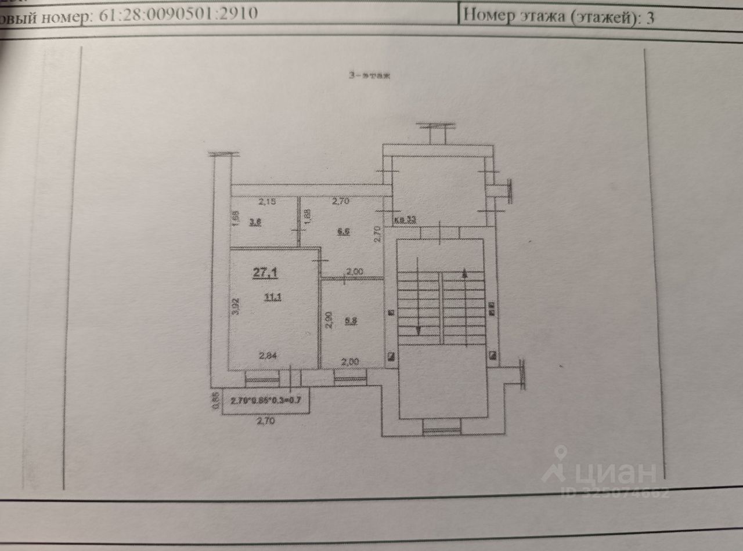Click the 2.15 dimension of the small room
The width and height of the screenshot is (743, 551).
268,202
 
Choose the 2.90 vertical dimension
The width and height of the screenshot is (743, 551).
329,320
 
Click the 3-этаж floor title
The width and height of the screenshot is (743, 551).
370,75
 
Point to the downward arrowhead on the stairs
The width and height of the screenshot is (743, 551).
419,331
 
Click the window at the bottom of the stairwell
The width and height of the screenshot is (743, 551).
441,430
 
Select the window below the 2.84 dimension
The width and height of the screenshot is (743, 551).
262,380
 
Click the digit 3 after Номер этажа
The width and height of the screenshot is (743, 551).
650,17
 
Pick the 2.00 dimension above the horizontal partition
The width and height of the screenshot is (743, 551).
354,271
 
